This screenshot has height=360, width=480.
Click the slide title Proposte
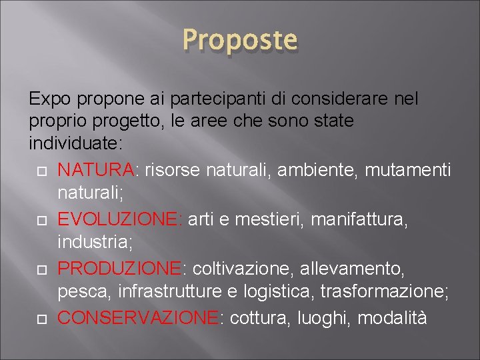[x=240, y=40]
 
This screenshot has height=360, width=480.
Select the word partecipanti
[x=209, y=99]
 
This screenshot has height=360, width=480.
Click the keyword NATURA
[x=96, y=171]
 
